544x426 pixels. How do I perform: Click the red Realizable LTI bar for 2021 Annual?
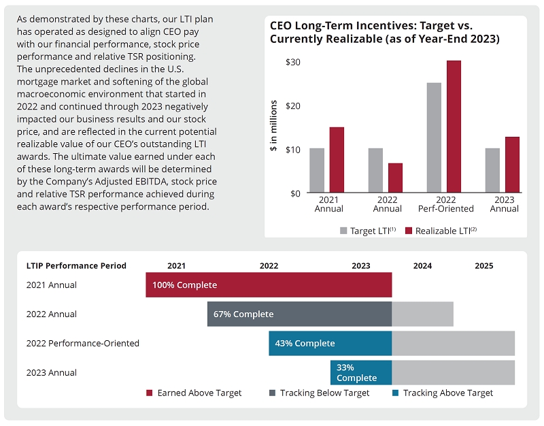coord(337,160)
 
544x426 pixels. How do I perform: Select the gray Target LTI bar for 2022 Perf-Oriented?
coord(434,138)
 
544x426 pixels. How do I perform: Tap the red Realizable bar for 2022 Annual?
coord(395,178)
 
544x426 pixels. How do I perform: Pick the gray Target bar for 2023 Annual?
coord(492,171)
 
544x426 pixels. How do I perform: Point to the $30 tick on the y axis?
coord(293,62)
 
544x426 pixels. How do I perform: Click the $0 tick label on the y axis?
coord(295,193)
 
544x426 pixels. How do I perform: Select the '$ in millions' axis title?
coord(274,126)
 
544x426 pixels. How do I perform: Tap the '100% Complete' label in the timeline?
coord(184,285)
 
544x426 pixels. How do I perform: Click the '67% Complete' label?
coord(243,314)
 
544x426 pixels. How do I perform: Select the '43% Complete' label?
coord(305,344)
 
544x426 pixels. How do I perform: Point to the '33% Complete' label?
coord(356,373)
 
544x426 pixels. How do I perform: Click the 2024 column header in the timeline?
coord(422,266)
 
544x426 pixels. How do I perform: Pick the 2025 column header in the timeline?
coord(484,266)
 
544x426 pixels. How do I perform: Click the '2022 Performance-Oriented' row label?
coord(82,344)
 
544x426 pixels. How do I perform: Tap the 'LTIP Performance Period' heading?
coord(76,266)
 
